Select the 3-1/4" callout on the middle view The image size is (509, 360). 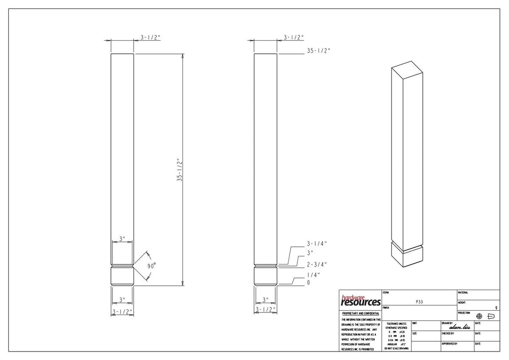pyautogui.click(x=317, y=244)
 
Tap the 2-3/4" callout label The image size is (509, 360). pyautogui.click(x=317, y=264)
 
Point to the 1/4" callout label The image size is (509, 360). pyautogui.click(x=313, y=275)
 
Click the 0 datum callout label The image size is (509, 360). pyautogui.click(x=309, y=283)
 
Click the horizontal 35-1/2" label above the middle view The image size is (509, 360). pyautogui.click(x=319, y=50)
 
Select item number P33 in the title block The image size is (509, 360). pyautogui.click(x=419, y=301)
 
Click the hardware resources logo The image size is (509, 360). pyautogui.click(x=361, y=301)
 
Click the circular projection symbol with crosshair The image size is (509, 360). pyautogui.click(x=479, y=316)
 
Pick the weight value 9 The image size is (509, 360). pyautogui.click(x=496, y=307)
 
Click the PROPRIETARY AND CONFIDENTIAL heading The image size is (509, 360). pyautogui.click(x=359, y=313)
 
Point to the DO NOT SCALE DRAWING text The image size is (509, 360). pyautogui.click(x=397, y=348)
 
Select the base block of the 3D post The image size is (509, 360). pyautogui.click(x=406, y=256)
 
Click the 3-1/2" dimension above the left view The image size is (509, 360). pyautogui.click(x=151, y=37)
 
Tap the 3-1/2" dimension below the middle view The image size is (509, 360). pyautogui.click(x=266, y=309)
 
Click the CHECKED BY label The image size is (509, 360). pyautogui.click(x=448, y=334)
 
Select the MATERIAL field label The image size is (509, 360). pyautogui.click(x=463, y=292)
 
